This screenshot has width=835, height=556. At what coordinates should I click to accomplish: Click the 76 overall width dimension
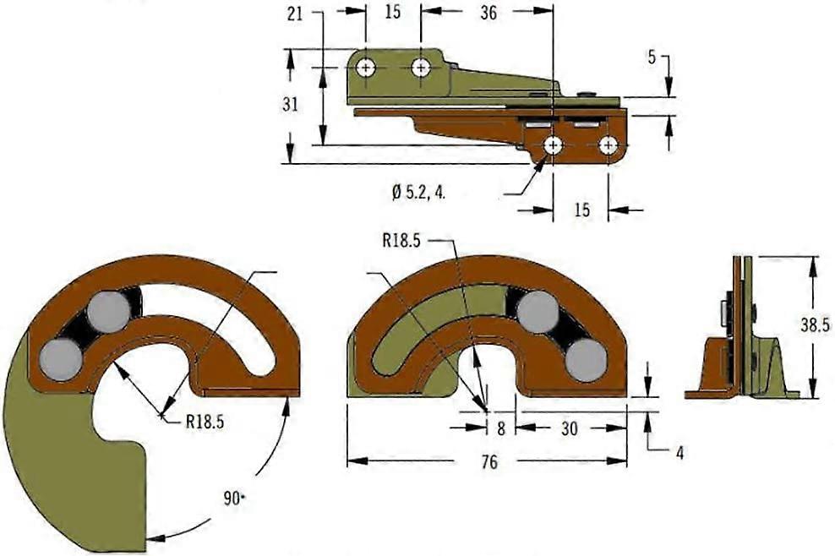(x=487, y=462)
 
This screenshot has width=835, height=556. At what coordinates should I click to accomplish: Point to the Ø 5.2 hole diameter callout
(x=418, y=192)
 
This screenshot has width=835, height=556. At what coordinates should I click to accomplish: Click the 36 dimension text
(x=488, y=14)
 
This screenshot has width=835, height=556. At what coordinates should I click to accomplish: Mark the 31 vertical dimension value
(x=290, y=105)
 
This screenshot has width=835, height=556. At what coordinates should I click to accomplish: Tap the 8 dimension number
(x=500, y=428)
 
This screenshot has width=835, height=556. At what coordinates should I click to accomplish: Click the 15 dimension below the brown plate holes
(x=582, y=210)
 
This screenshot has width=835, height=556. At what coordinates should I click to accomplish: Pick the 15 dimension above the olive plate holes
(x=392, y=14)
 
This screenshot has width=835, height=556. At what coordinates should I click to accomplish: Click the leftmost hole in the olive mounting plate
(x=366, y=68)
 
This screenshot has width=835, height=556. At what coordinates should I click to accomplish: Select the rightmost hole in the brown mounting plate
(x=609, y=146)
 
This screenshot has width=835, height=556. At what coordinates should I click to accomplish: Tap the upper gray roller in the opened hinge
(x=108, y=308)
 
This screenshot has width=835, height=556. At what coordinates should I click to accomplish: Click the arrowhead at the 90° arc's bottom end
(x=152, y=537)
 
